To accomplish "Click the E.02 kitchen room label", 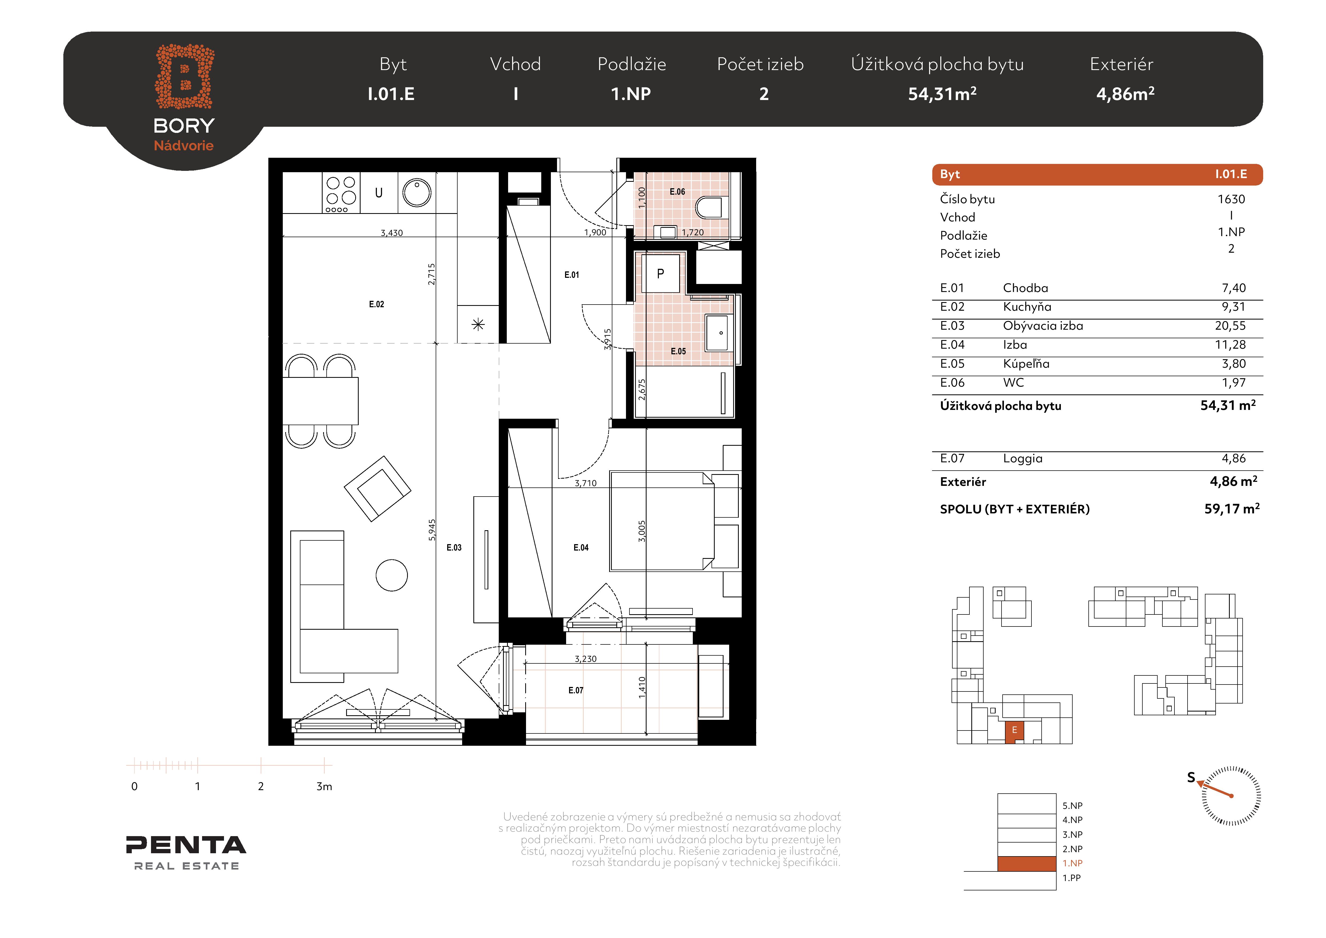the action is coord(377,304).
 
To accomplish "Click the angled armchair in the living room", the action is coord(378,489).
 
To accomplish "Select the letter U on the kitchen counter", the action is coord(379,193).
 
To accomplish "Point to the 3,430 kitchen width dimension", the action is coord(392,233).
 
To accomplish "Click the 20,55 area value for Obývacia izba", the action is coord(1230,326).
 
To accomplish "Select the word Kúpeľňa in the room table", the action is coord(1026,364).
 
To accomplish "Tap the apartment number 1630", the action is coord(1231,199).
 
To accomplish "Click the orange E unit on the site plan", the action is coord(1014,731).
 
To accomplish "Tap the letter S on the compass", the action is coord(1191,777).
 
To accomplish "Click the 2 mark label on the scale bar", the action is coord(261,786).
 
